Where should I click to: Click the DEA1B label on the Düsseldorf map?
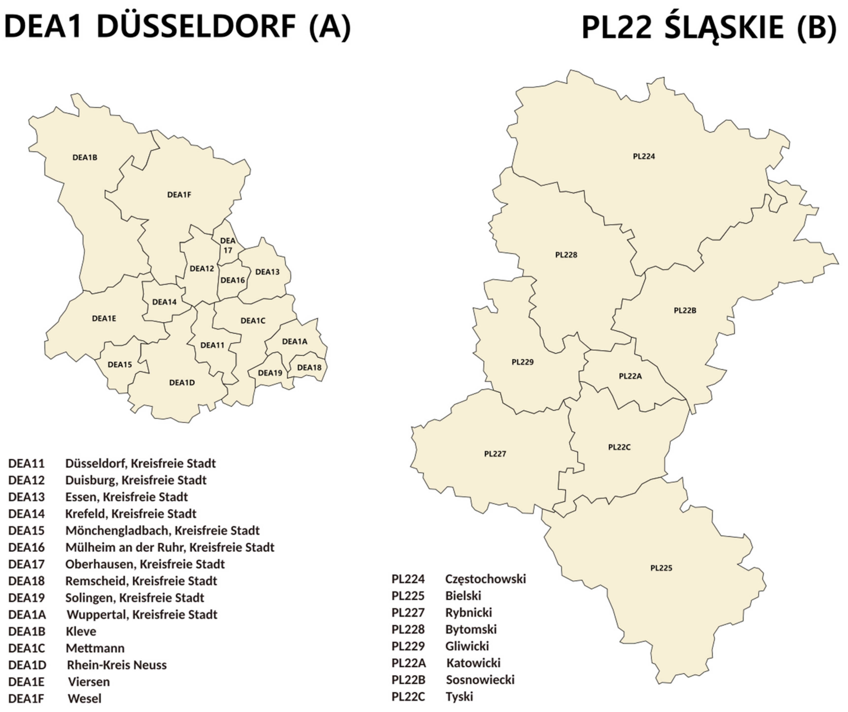85,157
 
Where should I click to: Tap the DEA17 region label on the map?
228,245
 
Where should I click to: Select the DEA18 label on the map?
309,367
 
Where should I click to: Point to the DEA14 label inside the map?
164,302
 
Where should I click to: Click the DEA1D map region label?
182,383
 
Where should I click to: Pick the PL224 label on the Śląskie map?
644,156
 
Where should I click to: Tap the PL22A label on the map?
630,376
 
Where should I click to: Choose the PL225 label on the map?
661,568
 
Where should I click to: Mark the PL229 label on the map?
523,362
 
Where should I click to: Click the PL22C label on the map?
619,447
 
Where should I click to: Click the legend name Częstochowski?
485,579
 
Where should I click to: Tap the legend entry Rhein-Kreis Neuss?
117,665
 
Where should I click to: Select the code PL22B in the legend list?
408,680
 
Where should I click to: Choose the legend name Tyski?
459,697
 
